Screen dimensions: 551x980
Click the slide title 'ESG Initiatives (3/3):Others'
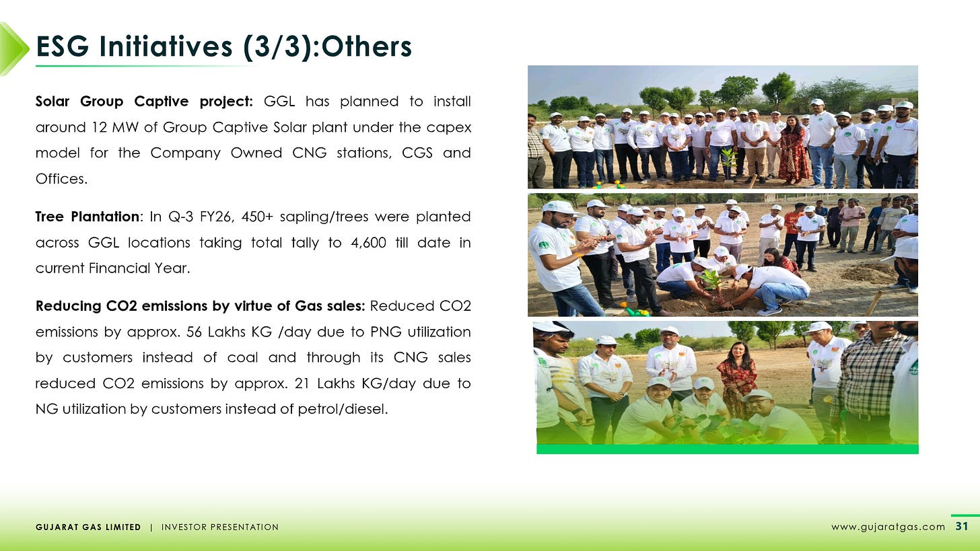pyautogui.click(x=223, y=46)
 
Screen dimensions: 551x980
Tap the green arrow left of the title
pyautogui.click(x=13, y=48)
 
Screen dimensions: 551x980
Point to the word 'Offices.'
pyautogui.click(x=62, y=178)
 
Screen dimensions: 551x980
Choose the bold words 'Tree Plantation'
pyautogui.click(x=87, y=217)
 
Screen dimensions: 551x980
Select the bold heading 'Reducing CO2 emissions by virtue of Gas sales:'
pyautogui.click(x=200, y=306)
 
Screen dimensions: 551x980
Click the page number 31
pyautogui.click(x=961, y=526)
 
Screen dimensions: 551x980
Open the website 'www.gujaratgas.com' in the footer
pyautogui.click(x=888, y=527)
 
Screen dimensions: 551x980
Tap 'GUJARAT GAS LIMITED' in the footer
pyautogui.click(x=88, y=527)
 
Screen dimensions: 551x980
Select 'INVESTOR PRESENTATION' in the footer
pyautogui.click(x=219, y=527)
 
